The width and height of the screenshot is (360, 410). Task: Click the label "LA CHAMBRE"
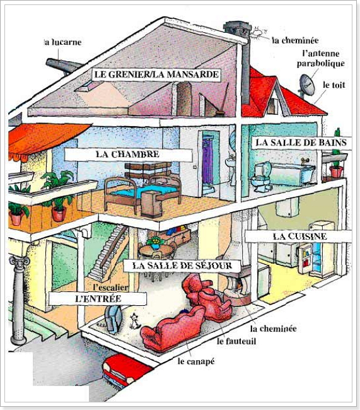127,154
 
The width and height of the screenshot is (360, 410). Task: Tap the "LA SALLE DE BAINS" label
301,143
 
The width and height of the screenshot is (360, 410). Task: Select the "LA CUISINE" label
299,237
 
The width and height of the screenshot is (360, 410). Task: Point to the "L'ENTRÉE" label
98,298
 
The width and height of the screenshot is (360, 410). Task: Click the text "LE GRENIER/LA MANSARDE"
156,74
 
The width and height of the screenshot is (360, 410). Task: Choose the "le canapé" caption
196,361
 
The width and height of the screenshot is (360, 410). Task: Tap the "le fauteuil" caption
236,341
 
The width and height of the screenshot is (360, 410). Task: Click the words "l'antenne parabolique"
320,59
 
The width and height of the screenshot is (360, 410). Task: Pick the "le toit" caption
334,85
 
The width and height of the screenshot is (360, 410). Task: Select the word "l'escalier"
110,287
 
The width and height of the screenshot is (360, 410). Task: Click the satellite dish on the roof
306,85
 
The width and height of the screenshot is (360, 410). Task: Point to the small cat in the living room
135,321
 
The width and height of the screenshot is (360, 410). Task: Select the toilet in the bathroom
262,177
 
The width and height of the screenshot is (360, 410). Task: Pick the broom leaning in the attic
223,100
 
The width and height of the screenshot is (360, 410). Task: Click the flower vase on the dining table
156,243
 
